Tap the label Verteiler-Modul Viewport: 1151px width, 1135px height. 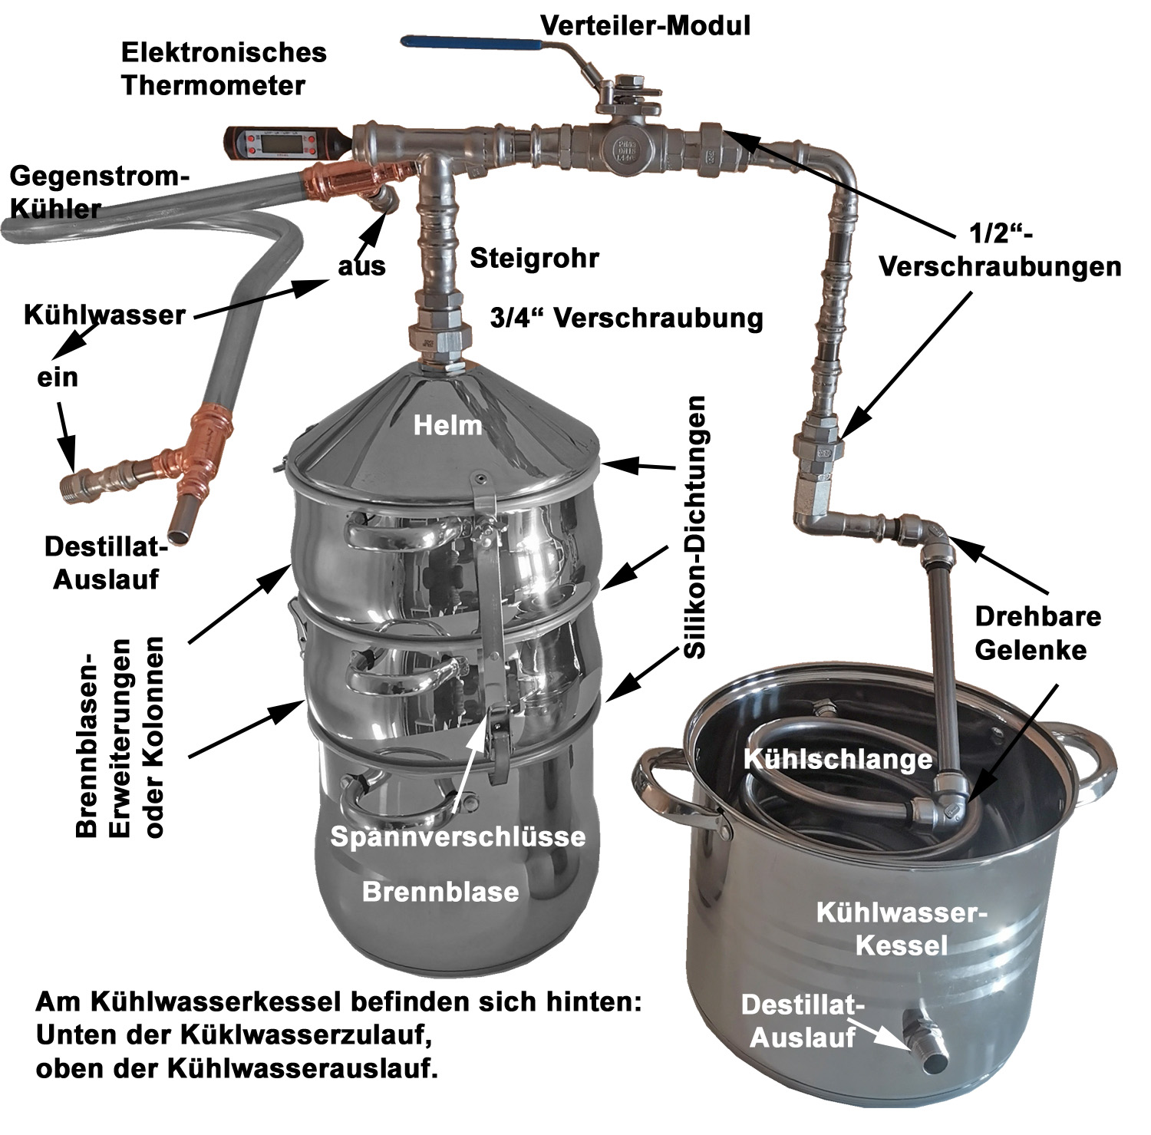tap(645, 25)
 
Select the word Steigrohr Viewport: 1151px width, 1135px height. tap(534, 258)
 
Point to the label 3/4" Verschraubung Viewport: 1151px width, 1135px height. tap(626, 318)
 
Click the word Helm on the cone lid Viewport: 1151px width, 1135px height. tap(447, 425)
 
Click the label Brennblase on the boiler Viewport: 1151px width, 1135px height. tap(440, 891)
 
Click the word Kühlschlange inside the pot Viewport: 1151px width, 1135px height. tap(837, 760)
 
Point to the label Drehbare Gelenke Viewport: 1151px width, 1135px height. tap(1037, 633)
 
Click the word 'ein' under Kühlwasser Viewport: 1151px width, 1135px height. tap(58, 378)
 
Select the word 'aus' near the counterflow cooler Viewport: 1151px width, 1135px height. tap(361, 266)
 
